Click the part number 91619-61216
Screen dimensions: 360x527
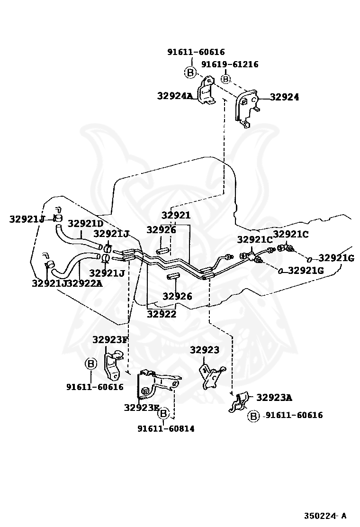click(230, 64)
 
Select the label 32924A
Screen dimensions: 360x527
click(175, 96)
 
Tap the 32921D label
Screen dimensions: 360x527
click(85, 223)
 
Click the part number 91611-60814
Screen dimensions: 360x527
click(166, 428)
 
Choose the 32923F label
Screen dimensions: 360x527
click(110, 339)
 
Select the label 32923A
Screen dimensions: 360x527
click(274, 397)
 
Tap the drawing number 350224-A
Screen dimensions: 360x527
click(325, 515)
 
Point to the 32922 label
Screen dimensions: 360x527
click(161, 313)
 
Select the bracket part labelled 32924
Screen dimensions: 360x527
click(246, 110)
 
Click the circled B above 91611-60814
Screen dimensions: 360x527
click(163, 414)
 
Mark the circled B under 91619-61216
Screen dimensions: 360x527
click(226, 79)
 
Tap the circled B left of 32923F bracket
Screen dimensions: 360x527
click(90, 364)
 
